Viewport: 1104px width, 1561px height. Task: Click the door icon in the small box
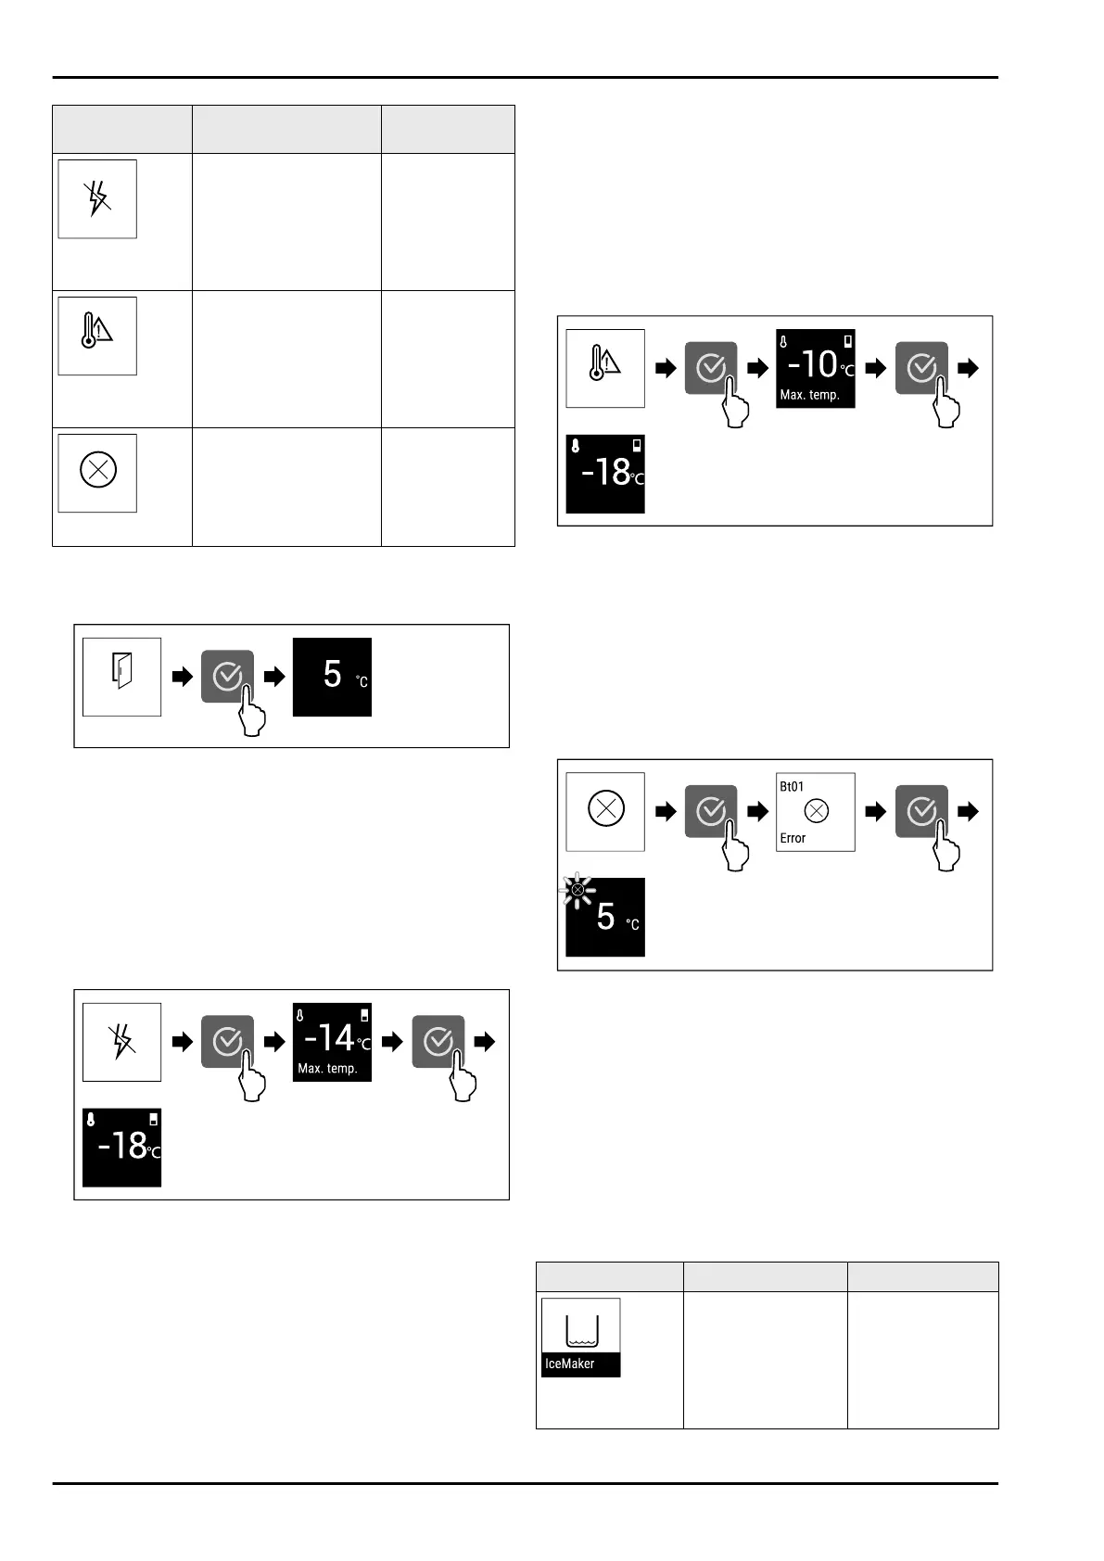[121, 677]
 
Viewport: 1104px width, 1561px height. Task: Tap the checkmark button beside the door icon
[227, 677]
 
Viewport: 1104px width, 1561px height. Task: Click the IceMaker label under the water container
[570, 1364]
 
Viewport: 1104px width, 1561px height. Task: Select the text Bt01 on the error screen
[792, 786]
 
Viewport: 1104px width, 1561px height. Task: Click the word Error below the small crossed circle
[793, 838]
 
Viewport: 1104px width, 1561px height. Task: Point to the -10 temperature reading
[811, 364]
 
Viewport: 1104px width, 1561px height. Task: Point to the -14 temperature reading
[328, 1038]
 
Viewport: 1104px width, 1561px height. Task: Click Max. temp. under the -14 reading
[327, 1069]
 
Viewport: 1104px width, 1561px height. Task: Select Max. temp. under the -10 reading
[809, 395]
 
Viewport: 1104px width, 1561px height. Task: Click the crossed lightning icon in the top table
[97, 198]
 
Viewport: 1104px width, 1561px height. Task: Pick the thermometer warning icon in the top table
[97, 336]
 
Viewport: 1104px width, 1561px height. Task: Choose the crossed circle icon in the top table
[97, 472]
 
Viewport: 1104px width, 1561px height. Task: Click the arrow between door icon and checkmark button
[182, 677]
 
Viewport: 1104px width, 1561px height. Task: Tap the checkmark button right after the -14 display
[438, 1042]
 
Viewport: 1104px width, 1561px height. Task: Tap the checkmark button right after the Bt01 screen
[921, 812]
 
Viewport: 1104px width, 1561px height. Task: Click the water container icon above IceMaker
[581, 1331]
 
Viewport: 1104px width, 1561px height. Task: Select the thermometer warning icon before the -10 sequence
[605, 368]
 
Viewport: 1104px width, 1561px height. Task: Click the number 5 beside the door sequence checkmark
[332, 674]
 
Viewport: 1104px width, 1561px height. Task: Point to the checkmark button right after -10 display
[921, 368]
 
